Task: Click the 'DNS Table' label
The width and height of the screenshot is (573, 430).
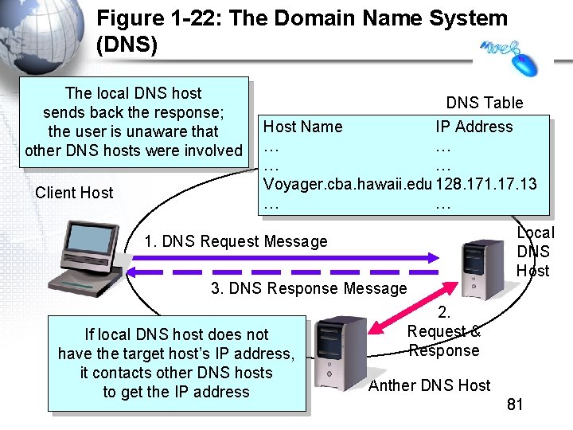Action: coord(484,103)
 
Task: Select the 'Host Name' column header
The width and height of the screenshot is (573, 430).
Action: coord(302,127)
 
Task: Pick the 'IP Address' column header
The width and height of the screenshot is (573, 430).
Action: coord(474,127)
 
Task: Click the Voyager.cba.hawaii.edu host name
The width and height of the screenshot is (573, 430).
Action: coord(348,184)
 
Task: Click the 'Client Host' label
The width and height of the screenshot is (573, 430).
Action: coord(74,193)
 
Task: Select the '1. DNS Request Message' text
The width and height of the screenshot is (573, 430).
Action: coord(236,241)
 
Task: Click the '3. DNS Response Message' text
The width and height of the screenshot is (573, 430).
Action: coord(308,288)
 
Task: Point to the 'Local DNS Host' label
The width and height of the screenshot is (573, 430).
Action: coord(535,252)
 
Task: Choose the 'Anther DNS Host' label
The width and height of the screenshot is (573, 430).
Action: coord(429,385)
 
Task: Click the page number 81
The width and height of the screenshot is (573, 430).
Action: coord(515,405)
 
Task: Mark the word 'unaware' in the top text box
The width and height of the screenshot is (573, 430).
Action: coord(156,131)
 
